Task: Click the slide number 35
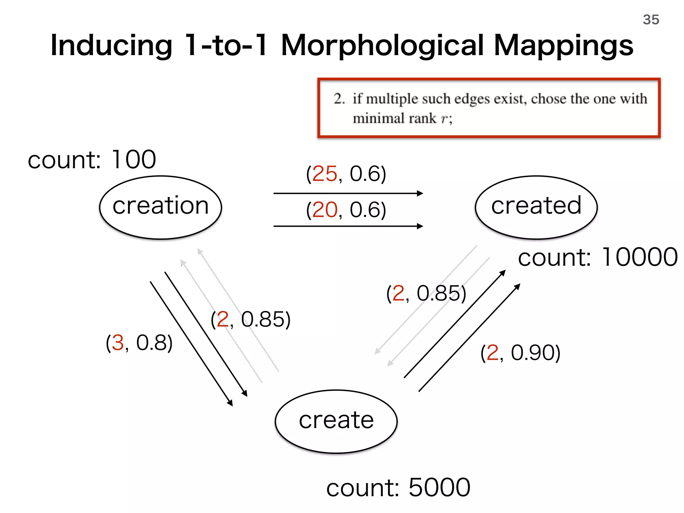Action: point(651,20)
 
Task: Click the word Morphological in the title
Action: point(382,46)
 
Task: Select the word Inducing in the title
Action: point(111,46)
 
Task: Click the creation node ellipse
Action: point(161,207)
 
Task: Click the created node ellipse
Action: point(536,207)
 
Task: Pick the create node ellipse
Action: point(336,421)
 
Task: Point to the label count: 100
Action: point(92,160)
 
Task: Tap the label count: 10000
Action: point(597,257)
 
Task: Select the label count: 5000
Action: point(398,488)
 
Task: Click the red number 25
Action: point(325,174)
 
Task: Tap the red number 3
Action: point(118,343)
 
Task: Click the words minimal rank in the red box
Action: point(394,119)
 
